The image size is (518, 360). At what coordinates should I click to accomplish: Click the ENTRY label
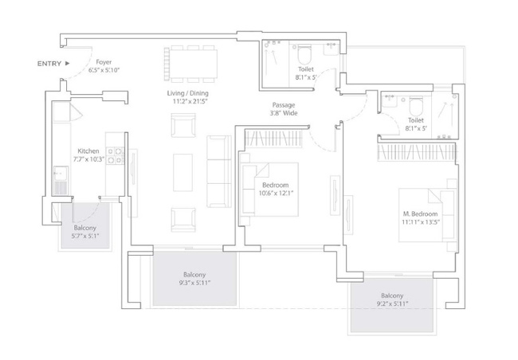click(x=49, y=64)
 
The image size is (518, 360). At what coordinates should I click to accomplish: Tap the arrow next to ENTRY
click(x=68, y=63)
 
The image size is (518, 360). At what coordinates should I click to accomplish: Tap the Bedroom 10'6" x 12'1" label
click(x=276, y=189)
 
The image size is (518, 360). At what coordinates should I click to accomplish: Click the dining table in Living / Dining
click(x=194, y=64)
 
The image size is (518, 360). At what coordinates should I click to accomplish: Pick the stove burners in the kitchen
click(x=115, y=156)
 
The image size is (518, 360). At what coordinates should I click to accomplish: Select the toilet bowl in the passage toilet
click(x=304, y=55)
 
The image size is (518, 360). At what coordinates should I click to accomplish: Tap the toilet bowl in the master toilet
click(x=416, y=106)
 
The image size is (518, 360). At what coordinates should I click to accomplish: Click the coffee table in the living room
click(x=182, y=172)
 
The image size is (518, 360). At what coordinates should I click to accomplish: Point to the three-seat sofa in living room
click(x=218, y=171)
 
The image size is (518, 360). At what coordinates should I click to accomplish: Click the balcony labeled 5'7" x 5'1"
click(x=85, y=225)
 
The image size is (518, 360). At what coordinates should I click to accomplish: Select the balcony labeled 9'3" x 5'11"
click(x=194, y=279)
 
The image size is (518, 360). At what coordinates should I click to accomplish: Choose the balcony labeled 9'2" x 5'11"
click(x=392, y=304)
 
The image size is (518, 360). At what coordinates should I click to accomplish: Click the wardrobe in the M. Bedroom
click(x=417, y=152)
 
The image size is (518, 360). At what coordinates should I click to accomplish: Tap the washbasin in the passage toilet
click(x=331, y=49)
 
